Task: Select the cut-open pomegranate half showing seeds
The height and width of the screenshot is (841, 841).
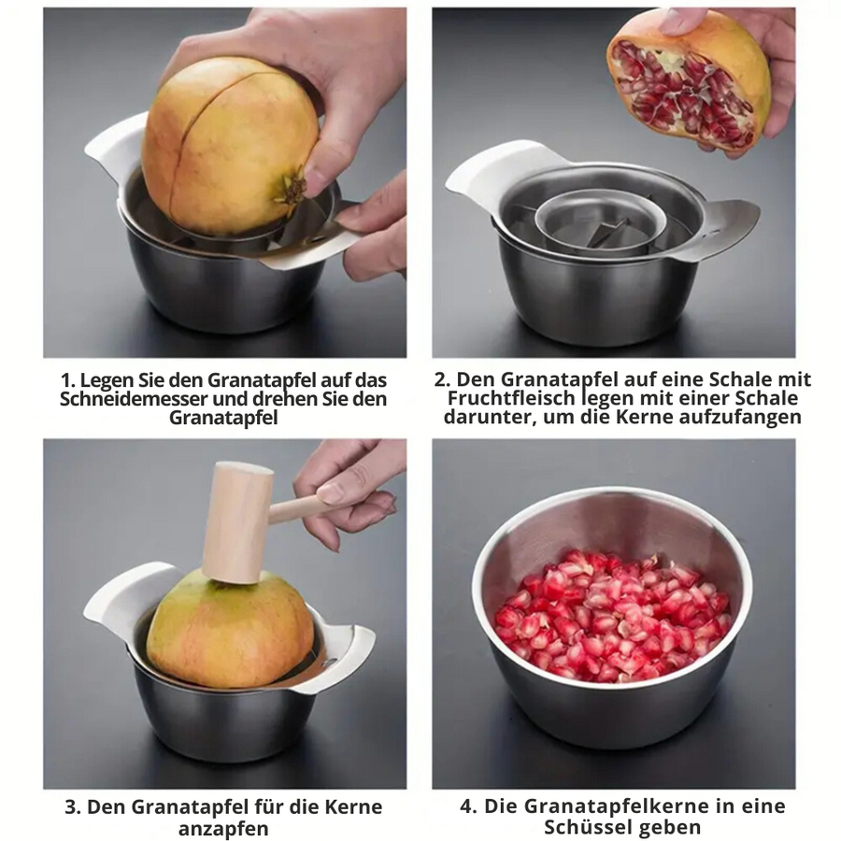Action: [x=687, y=88]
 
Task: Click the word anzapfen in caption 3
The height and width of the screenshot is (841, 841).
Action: [x=223, y=828]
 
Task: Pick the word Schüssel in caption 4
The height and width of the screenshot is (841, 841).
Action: [x=585, y=828]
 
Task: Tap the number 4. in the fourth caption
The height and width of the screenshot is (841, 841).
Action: [x=469, y=806]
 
